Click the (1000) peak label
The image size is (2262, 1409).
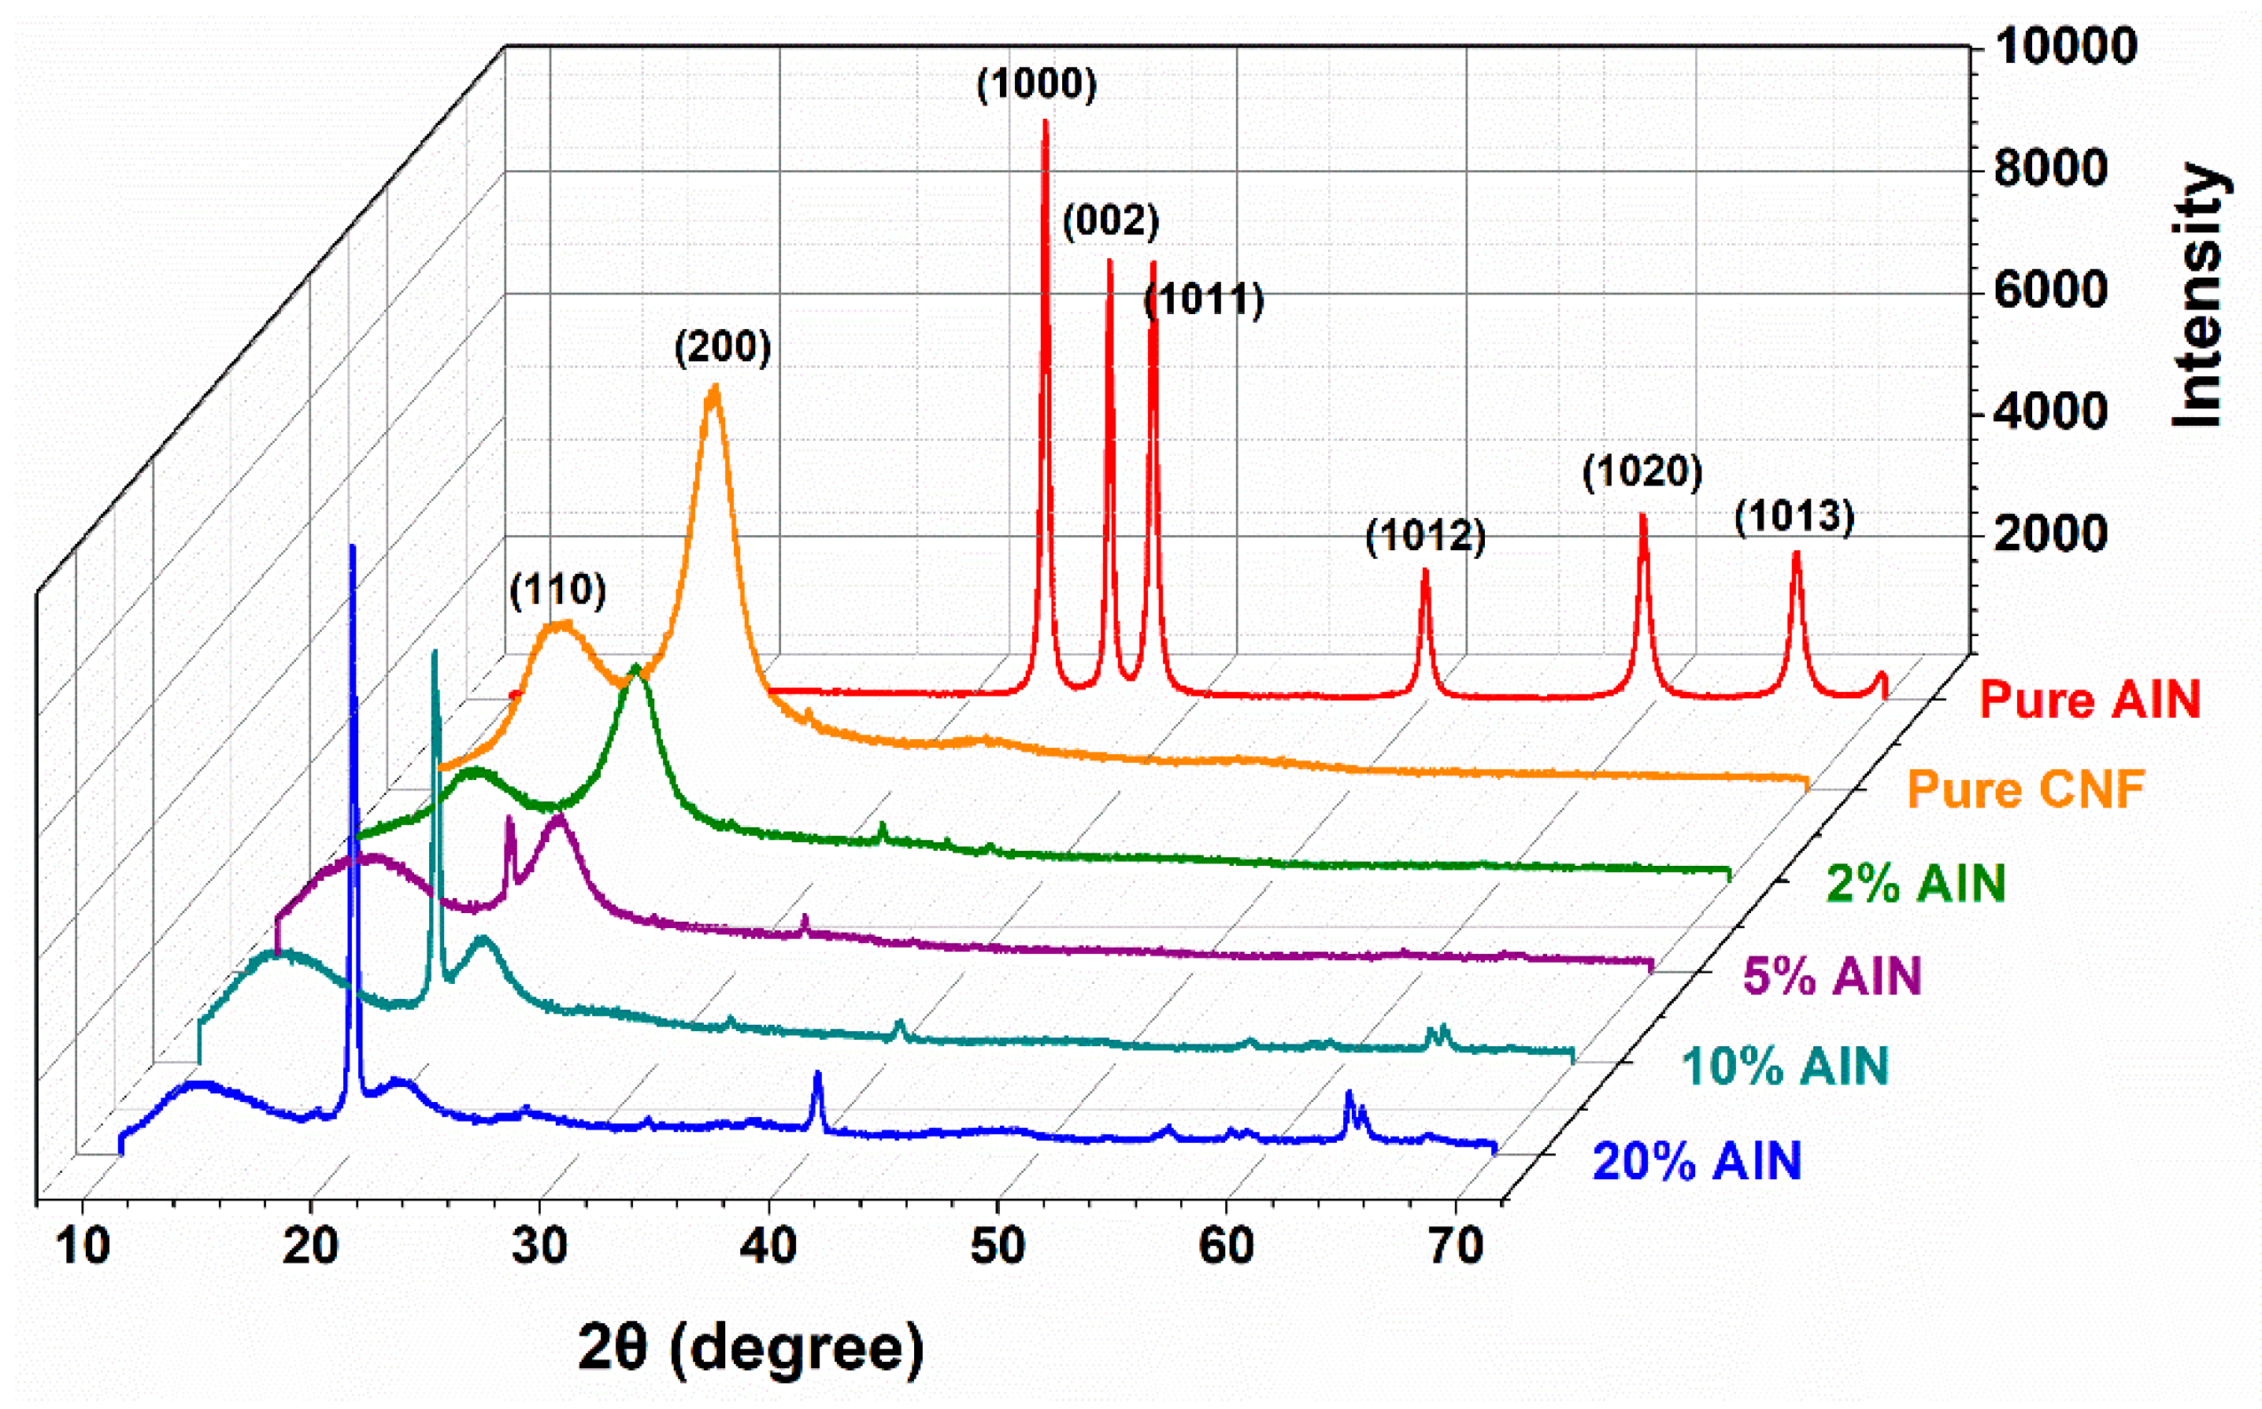tap(1036, 85)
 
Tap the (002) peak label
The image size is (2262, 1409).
tap(1111, 222)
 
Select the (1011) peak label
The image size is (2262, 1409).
tap(1203, 300)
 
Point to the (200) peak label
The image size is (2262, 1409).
tap(724, 348)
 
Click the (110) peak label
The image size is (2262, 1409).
tap(557, 590)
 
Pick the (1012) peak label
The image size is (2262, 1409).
tap(1425, 537)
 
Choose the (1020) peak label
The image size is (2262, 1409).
tap(1642, 472)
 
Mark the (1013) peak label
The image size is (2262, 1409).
tap(1794, 517)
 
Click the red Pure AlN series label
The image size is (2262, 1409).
tap(2090, 699)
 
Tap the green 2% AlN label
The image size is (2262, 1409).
tap(1916, 883)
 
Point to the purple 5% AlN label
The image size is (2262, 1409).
tap(1832, 977)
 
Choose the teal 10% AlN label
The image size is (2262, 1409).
tap(1785, 1066)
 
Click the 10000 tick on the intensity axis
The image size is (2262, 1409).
tap(2064, 46)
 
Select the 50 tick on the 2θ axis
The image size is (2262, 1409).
tap(998, 1247)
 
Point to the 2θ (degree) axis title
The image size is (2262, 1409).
tap(751, 1348)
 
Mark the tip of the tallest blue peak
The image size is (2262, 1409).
tap(352, 547)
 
